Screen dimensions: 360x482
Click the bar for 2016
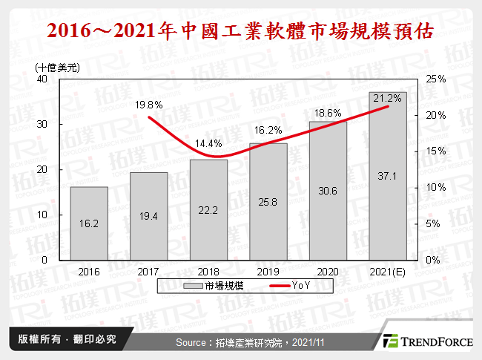click(x=89, y=223)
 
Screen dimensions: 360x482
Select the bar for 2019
click(x=268, y=202)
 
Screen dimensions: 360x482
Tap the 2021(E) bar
click(x=388, y=177)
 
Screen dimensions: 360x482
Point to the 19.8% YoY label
click(x=148, y=105)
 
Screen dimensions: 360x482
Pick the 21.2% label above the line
click(x=389, y=98)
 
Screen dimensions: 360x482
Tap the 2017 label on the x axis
click(x=148, y=272)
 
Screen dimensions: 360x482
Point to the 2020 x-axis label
click(x=328, y=272)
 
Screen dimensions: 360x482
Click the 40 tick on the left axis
click(x=42, y=79)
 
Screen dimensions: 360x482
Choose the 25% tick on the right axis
click(x=436, y=79)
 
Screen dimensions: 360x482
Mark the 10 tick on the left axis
click(x=42, y=215)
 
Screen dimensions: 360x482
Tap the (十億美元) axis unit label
click(x=58, y=67)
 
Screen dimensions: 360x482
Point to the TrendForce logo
click(x=426, y=341)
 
